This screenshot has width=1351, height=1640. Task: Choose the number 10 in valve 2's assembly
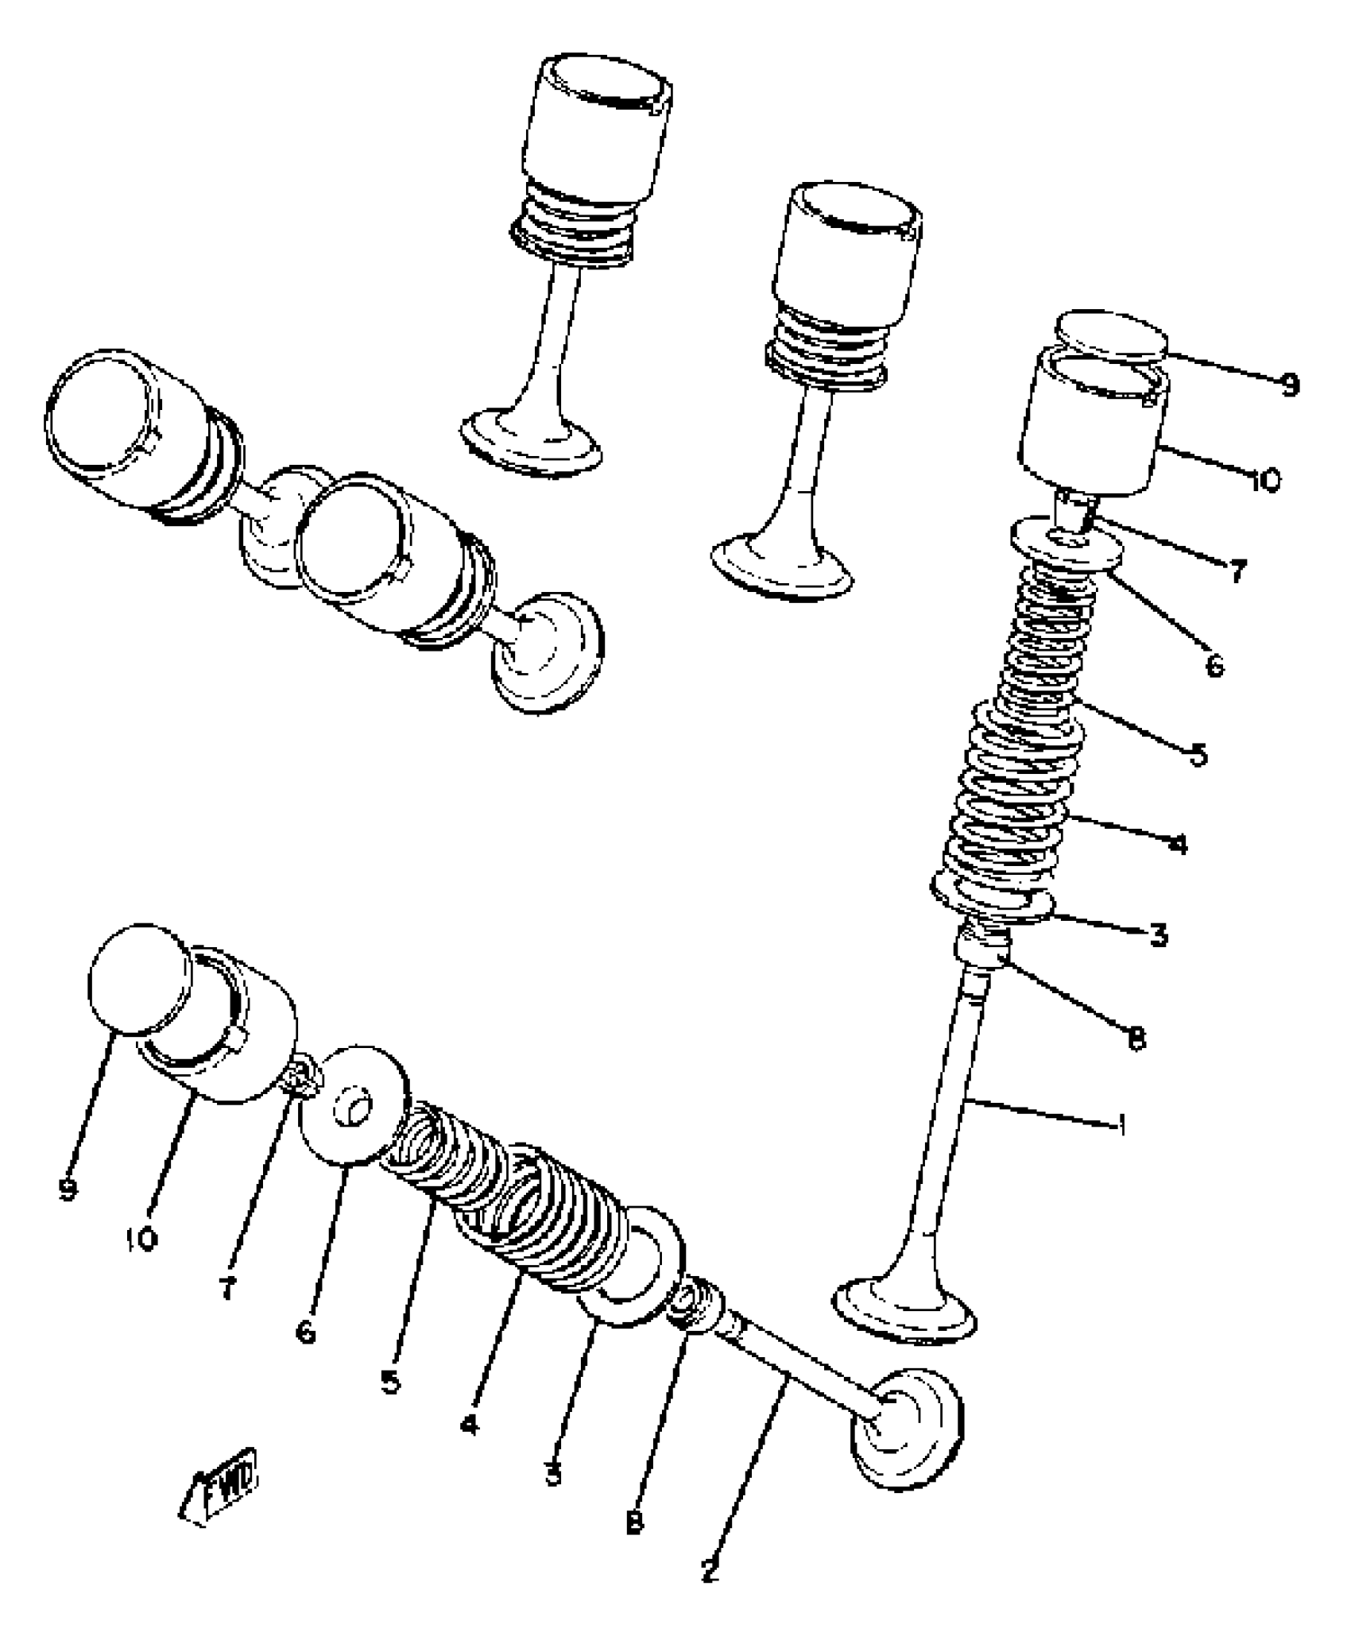(x=143, y=1237)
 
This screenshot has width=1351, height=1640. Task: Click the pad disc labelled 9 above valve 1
(x=1112, y=335)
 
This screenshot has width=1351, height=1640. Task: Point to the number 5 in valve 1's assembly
(x=1198, y=753)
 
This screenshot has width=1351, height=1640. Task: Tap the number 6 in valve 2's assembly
(x=306, y=1331)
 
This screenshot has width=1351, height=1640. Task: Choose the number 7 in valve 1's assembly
(x=1236, y=570)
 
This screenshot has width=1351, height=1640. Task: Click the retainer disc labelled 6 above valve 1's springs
(x=1065, y=543)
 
